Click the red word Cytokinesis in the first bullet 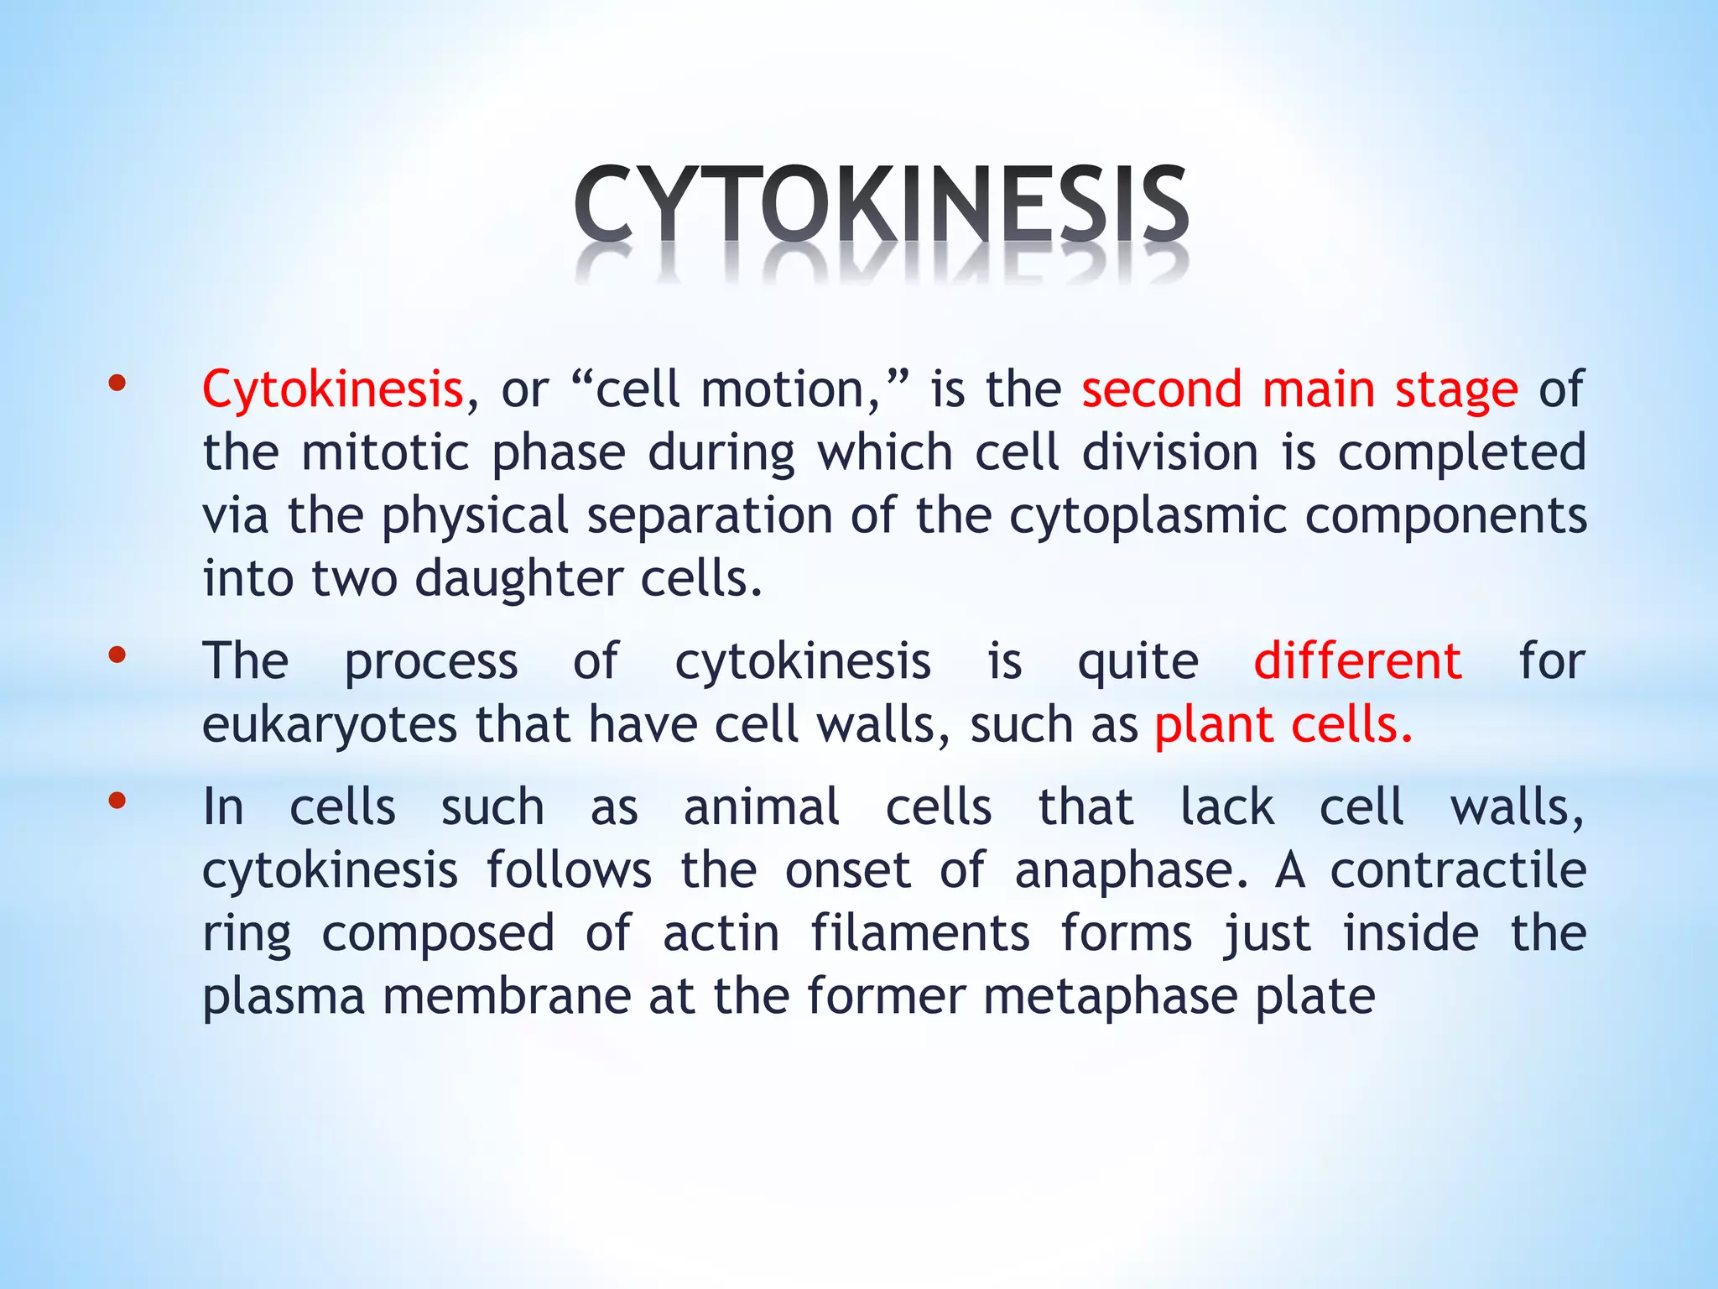click(x=333, y=390)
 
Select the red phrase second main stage click(x=1299, y=390)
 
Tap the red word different click(x=1357, y=661)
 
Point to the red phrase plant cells click(x=1283, y=725)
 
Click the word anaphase click(x=1131, y=871)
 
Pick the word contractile click(x=1458, y=871)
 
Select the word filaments click(x=919, y=934)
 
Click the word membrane click(x=508, y=997)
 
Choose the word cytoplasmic click(x=1147, y=516)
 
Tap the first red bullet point click(x=117, y=385)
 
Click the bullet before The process click(x=117, y=655)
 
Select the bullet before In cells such click(x=117, y=801)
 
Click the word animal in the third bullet click(x=761, y=807)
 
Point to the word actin click(x=721, y=934)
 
